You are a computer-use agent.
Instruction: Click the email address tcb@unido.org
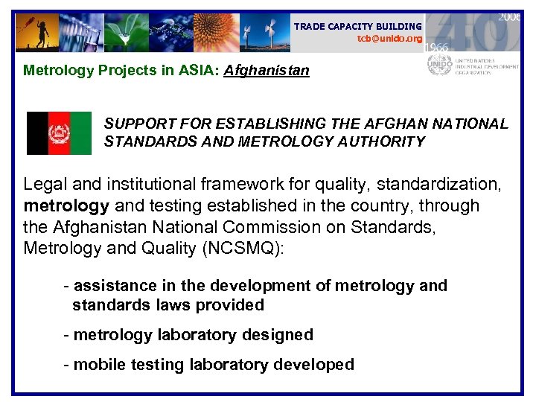click(389, 38)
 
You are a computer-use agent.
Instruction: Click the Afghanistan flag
click(59, 133)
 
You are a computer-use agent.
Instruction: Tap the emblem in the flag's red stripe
click(59, 134)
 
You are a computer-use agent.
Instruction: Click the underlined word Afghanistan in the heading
click(267, 71)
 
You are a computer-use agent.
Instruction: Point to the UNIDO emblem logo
click(439, 64)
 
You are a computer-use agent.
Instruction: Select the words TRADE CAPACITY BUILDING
click(357, 27)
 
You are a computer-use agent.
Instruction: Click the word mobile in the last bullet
click(98, 365)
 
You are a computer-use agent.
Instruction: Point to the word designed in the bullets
click(277, 335)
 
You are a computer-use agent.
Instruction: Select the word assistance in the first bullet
click(115, 286)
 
